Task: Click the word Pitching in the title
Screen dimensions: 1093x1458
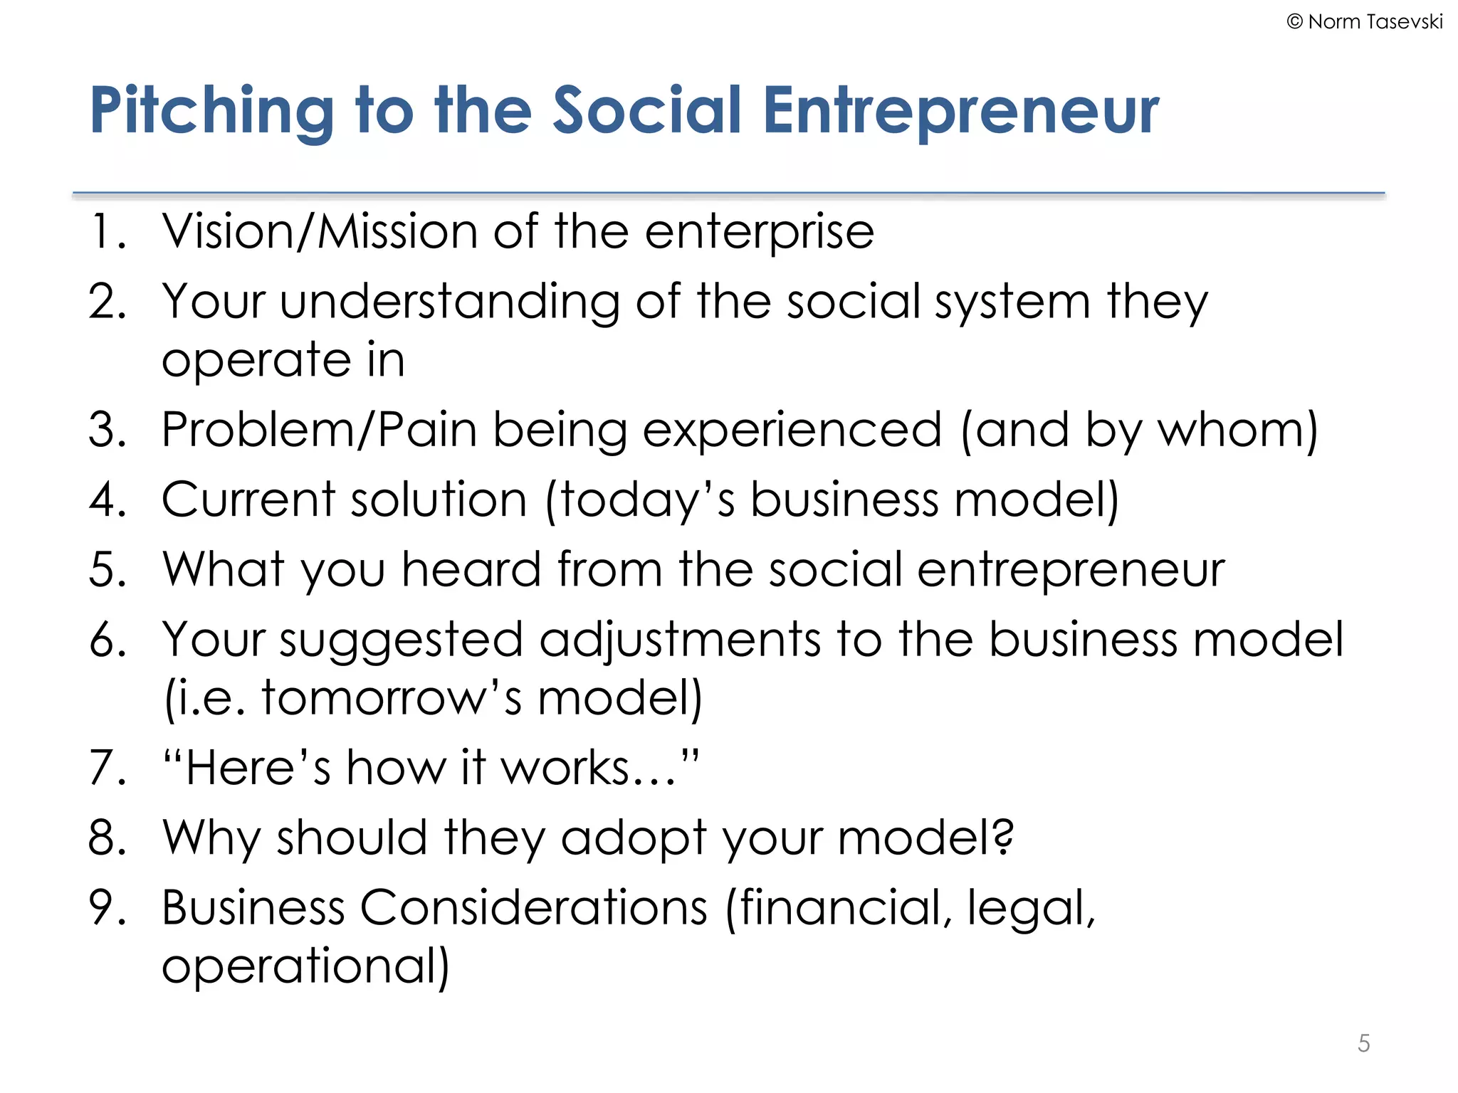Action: [x=211, y=111]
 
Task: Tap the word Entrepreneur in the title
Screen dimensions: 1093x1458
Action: [x=960, y=111]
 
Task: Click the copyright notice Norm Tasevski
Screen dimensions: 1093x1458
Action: [x=1365, y=22]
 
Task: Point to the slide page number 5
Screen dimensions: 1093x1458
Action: [x=1363, y=1043]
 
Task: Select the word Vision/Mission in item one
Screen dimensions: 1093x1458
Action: [x=320, y=232]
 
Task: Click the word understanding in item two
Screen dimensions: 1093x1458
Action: [x=449, y=302]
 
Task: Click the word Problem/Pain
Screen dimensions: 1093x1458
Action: [x=318, y=430]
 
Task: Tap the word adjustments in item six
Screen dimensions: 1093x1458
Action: [x=680, y=639]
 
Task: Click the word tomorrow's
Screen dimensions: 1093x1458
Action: [x=392, y=697]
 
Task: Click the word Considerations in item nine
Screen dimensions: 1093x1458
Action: [x=534, y=907]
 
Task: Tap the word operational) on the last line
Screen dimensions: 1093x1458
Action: [x=305, y=966]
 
